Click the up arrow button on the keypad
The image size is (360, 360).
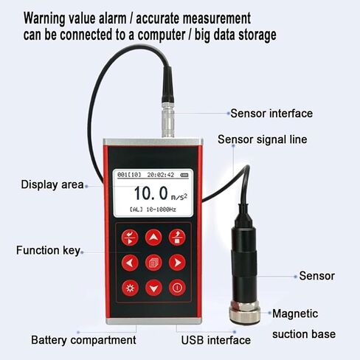pos(153,237)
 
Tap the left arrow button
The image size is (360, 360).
pos(131,262)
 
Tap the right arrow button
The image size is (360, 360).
pos(177,262)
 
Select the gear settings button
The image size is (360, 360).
pos(131,288)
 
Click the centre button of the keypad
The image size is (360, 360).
pos(153,262)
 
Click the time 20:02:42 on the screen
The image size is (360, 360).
pos(160,175)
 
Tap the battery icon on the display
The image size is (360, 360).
pos(183,175)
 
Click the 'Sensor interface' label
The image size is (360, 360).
pos(271,114)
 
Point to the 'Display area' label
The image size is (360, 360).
pos(52,184)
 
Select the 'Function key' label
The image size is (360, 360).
pos(48,250)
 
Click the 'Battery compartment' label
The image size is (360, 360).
pos(83,340)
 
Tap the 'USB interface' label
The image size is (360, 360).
pos(216,340)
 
